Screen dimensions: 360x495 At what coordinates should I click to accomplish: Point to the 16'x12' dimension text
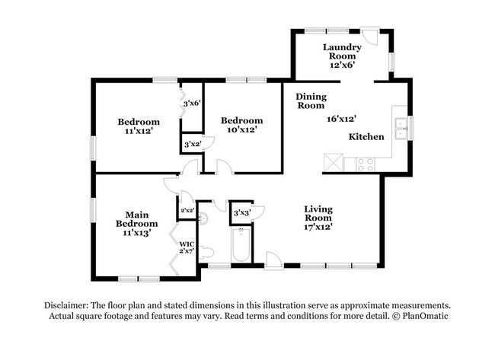coord(342,118)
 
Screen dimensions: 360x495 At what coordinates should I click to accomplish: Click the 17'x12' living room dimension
coord(318,226)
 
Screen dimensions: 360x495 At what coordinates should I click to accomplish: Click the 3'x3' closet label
coord(242,212)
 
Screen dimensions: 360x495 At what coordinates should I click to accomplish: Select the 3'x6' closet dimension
coord(190,103)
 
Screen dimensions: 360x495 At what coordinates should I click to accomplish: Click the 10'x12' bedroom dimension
coord(241,130)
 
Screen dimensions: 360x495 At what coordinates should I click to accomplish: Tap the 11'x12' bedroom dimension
coord(138,132)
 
